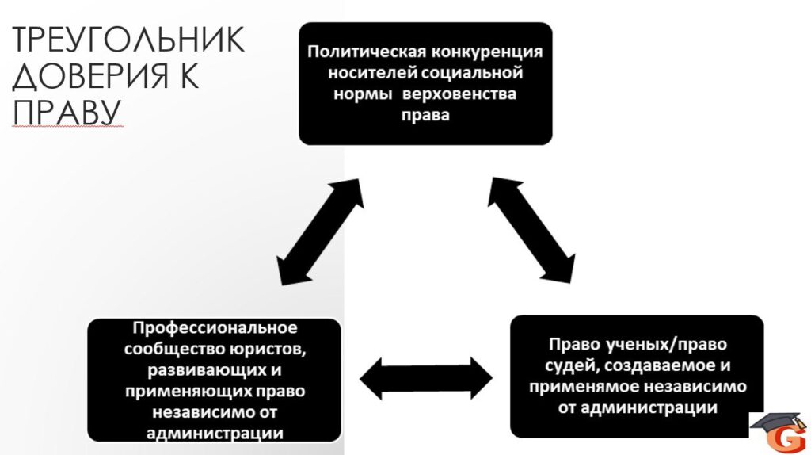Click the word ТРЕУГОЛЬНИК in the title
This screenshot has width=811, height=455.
pyautogui.click(x=128, y=40)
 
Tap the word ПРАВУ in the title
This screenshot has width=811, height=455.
pyautogui.click(x=67, y=113)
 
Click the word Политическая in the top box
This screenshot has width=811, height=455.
pyautogui.click(x=367, y=52)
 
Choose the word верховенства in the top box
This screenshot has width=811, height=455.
pyautogui.click(x=459, y=94)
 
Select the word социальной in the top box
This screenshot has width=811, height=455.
pyautogui.click(x=472, y=73)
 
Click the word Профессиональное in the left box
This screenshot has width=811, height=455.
pyautogui.click(x=215, y=328)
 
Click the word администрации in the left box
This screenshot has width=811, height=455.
pyautogui.click(x=215, y=434)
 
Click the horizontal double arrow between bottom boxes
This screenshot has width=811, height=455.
pyautogui.click(x=426, y=378)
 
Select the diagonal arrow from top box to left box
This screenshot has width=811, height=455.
pyautogui.click(x=320, y=232)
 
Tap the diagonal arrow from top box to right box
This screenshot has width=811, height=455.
pyautogui.click(x=531, y=231)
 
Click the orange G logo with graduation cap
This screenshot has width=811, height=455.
pyautogui.click(x=779, y=432)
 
